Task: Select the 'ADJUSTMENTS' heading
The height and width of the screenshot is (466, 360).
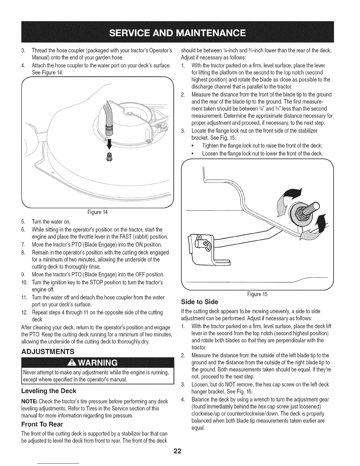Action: (x=48, y=352)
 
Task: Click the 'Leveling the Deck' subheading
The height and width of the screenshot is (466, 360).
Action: (x=49, y=391)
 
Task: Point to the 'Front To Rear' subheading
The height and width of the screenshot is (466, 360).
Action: (x=42, y=425)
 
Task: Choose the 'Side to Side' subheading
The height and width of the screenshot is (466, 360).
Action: (x=200, y=302)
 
